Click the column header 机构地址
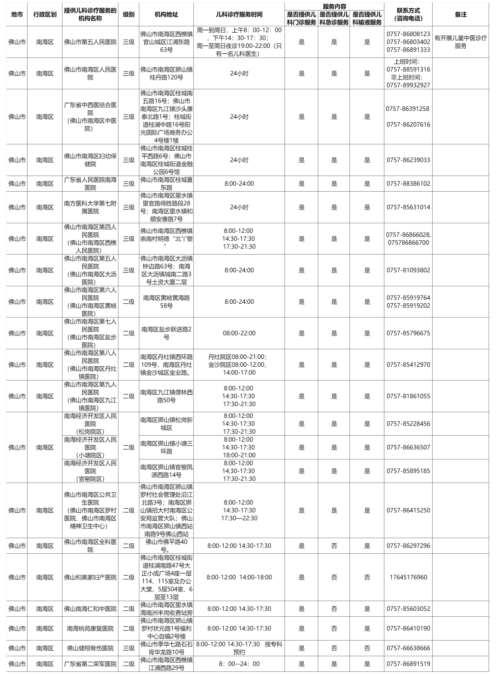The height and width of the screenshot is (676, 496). click(166, 14)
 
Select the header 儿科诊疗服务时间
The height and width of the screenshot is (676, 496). click(239, 14)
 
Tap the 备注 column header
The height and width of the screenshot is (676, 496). click(460, 14)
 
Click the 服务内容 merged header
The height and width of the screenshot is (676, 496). click(334, 6)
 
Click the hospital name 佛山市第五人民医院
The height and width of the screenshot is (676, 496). click(90, 42)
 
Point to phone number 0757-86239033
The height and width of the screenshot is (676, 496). click(408, 160)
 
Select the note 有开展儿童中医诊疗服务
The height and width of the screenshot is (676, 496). click(460, 42)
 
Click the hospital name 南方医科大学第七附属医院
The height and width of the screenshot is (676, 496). click(90, 207)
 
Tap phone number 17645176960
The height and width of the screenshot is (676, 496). click(408, 577)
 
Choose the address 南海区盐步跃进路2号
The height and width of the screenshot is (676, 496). click(166, 333)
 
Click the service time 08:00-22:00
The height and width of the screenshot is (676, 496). click(239, 333)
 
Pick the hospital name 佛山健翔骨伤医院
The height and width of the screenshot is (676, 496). click(90, 648)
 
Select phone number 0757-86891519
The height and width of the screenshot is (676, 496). click(408, 664)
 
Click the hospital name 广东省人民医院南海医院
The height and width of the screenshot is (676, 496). click(90, 184)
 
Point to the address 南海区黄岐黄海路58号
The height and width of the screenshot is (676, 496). click(166, 302)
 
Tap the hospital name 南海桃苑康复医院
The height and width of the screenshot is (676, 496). click(90, 628)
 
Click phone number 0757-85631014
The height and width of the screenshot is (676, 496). click(408, 207)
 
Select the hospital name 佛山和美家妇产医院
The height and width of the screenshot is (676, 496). click(90, 577)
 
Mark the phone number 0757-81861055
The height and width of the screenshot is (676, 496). click(408, 396)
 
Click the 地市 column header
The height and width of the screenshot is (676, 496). click(17, 14)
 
